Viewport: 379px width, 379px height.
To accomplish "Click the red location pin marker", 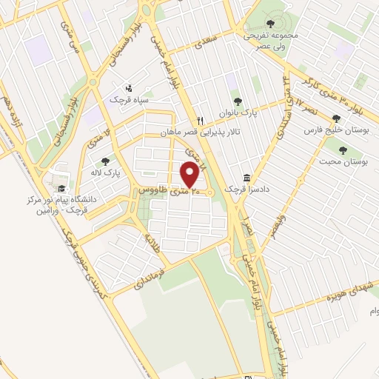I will pyautogui.click(x=189, y=175).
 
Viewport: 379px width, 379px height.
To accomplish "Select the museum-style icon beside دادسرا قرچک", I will pyautogui.click(x=246, y=178).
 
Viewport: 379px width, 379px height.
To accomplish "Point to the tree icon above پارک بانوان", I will pyautogui.click(x=237, y=103).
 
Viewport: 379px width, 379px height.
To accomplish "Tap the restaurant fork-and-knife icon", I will pyautogui.click(x=200, y=121).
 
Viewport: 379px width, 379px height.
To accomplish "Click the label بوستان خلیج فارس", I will pyautogui.click(x=335, y=130).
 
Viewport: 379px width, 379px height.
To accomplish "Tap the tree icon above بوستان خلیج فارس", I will pyautogui.click(x=336, y=118).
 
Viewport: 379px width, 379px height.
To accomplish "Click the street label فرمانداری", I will pyautogui.click(x=150, y=278).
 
